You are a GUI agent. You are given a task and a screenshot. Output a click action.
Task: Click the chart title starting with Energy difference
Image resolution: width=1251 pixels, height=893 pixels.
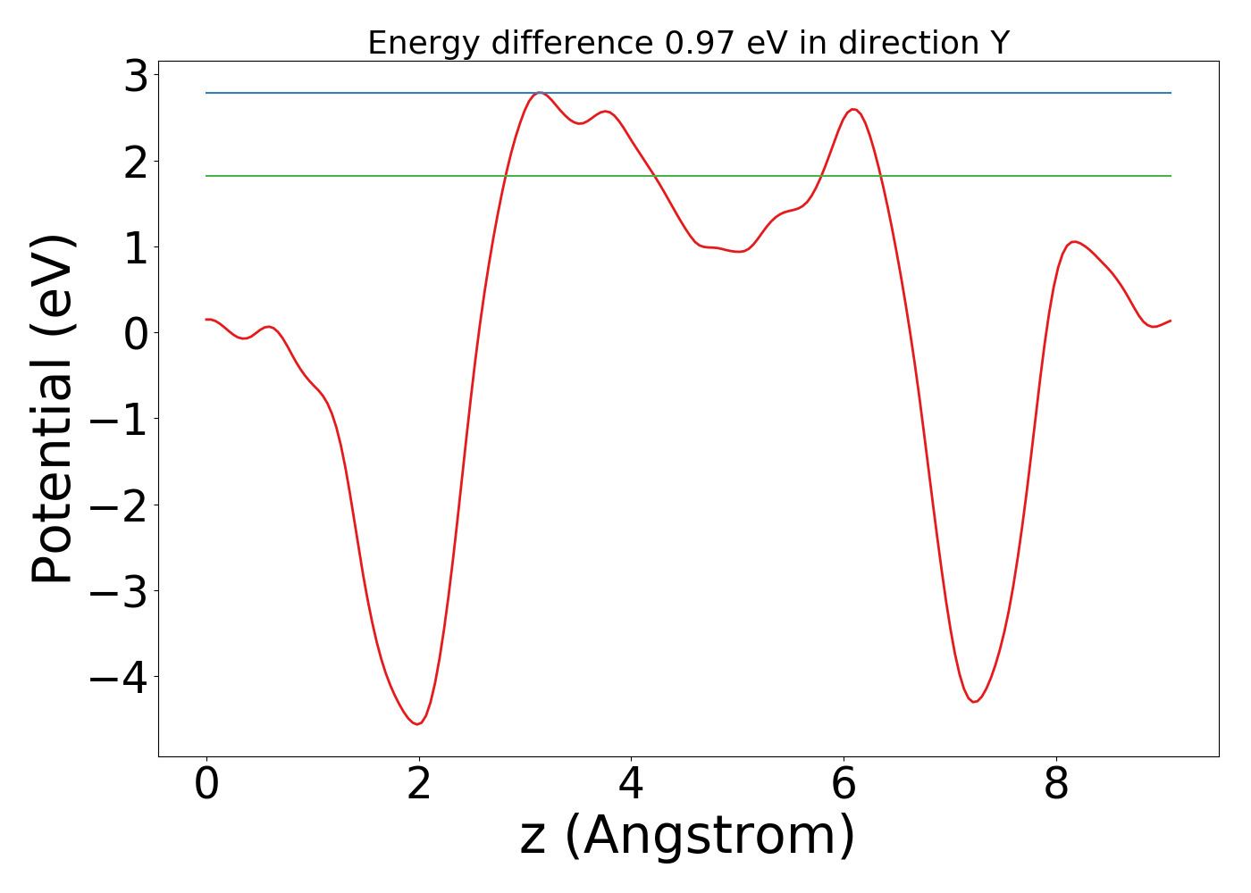(x=688, y=43)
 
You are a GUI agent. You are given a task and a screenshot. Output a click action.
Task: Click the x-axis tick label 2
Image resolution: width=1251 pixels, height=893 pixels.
(x=418, y=786)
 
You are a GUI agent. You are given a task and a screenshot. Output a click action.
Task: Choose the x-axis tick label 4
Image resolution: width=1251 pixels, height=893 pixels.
(x=631, y=786)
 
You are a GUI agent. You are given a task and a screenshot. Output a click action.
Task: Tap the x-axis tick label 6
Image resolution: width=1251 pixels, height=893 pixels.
(x=844, y=786)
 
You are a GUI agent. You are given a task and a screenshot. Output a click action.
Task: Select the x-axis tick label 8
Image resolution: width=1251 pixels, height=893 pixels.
(x=1056, y=786)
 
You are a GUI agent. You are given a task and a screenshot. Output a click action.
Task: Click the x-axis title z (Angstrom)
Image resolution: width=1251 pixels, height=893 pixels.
(x=688, y=836)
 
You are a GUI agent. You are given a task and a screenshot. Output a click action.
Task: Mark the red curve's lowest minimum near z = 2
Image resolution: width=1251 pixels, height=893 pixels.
(x=416, y=723)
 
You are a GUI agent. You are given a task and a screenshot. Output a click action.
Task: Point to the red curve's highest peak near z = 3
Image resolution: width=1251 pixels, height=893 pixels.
(x=539, y=92)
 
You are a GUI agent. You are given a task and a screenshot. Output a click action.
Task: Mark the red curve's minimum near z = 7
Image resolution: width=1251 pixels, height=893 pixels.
(x=974, y=702)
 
